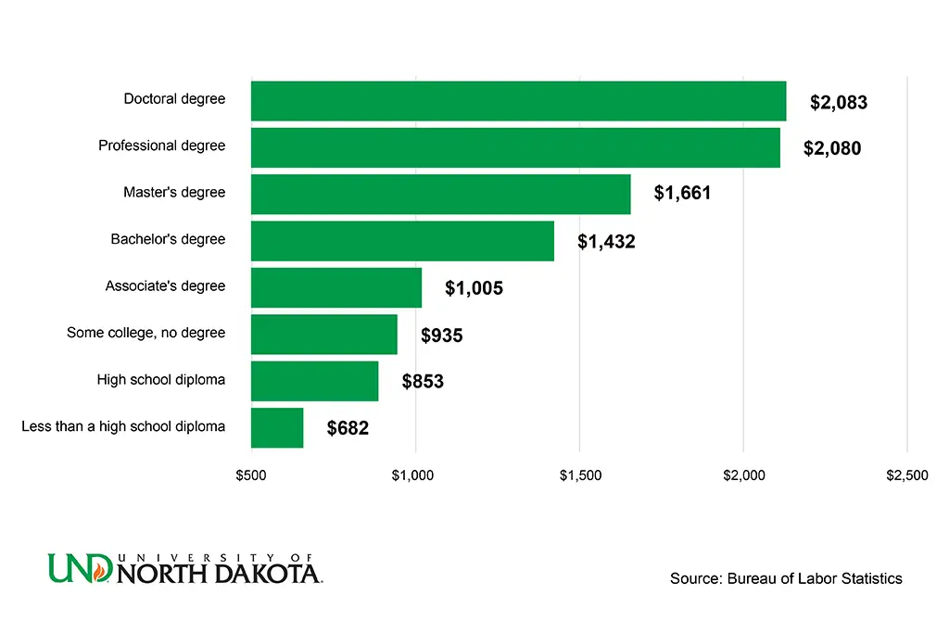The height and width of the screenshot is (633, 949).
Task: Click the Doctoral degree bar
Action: point(518,101)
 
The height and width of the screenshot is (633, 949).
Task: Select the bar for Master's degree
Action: point(440,195)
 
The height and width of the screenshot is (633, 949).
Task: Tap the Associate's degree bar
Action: point(336,287)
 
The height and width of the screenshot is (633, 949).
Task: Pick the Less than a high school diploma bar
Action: point(277,427)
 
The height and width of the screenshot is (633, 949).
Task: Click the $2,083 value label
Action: point(839,103)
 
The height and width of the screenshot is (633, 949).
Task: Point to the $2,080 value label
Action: point(832,148)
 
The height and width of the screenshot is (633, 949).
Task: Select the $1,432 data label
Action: point(606,242)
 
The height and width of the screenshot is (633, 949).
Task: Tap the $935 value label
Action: point(441,335)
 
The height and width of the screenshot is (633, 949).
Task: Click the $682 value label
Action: point(348,429)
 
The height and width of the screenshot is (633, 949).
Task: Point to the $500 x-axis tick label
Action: point(251,475)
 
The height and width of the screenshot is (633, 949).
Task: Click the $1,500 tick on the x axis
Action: point(580,475)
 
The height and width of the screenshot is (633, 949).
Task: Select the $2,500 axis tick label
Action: point(906,475)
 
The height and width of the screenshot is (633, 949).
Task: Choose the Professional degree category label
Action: point(162,146)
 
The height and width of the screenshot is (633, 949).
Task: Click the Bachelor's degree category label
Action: point(168,239)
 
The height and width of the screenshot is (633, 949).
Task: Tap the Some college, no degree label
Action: point(146,332)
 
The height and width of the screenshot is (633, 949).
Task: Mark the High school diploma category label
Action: point(161,379)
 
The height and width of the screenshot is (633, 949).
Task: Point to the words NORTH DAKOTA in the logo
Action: point(219,573)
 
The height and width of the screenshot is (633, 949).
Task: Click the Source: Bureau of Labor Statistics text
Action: point(786,578)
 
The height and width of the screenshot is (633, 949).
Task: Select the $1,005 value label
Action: point(474,288)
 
